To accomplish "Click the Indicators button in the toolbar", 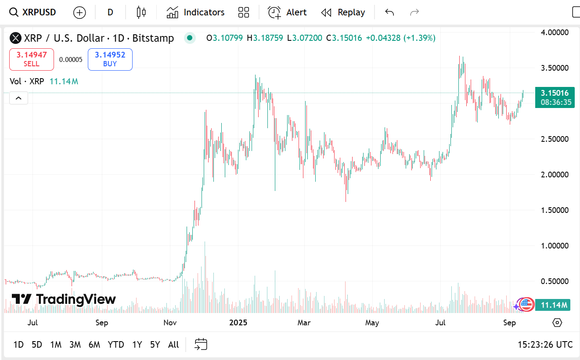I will (x=195, y=12).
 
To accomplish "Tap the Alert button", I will (x=287, y=12).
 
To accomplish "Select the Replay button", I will (x=343, y=12).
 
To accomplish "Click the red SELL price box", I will (x=32, y=59).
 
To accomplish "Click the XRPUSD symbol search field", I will (x=33, y=12).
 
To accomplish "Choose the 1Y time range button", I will (x=137, y=345).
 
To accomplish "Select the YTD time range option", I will (x=116, y=345).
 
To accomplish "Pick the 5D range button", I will (x=37, y=345).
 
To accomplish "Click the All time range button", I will (x=173, y=345).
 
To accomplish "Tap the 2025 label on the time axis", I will (x=238, y=323).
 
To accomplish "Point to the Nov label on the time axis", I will (x=170, y=323).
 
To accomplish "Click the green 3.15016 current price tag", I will (x=555, y=93).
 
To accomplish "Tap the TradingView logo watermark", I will (x=64, y=299).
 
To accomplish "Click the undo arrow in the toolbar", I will (x=389, y=12).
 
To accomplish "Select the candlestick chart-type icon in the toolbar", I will (x=141, y=12).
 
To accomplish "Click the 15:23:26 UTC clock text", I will (x=545, y=345).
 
